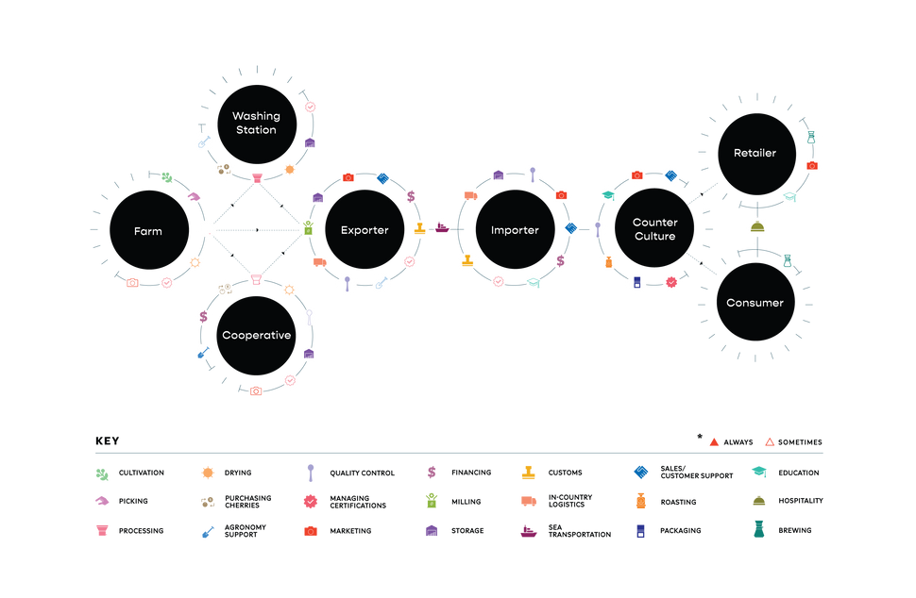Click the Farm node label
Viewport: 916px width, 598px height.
147,231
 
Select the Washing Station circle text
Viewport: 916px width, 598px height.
256,123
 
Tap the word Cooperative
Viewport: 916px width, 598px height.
256,335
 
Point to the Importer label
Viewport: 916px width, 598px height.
515,230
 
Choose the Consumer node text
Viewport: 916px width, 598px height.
755,303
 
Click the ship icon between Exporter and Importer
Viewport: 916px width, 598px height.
441,228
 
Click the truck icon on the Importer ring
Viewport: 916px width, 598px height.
470,195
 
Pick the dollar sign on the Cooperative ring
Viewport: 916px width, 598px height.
204,317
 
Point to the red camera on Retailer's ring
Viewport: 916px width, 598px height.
811,165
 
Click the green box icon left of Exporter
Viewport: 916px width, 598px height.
307,227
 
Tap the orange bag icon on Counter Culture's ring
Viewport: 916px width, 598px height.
608,259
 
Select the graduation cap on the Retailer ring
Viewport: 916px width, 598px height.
789,195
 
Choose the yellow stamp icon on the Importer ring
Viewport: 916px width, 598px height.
466,259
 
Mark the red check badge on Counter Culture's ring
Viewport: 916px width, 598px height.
671,281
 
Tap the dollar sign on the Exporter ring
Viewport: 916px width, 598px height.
410,196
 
